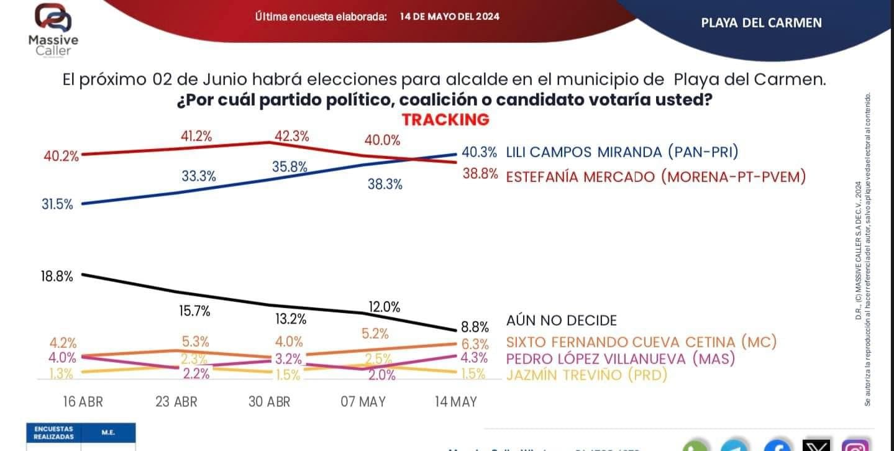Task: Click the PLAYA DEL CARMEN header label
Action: (x=761, y=23)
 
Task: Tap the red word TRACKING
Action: (x=445, y=119)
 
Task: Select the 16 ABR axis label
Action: (x=83, y=401)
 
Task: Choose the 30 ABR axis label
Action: (x=269, y=401)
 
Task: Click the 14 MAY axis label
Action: (x=455, y=401)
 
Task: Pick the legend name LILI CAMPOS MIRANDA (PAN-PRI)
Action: (x=622, y=152)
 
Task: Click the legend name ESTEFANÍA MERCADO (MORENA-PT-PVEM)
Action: (x=655, y=177)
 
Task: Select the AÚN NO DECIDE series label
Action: (x=562, y=321)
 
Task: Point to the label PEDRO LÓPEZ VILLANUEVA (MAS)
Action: (x=621, y=358)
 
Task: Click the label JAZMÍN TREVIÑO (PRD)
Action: (x=586, y=375)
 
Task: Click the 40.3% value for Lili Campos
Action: (x=479, y=152)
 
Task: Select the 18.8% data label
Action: (x=57, y=276)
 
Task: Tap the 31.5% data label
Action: (x=57, y=204)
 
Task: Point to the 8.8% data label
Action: (x=475, y=327)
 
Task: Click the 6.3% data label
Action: (x=475, y=344)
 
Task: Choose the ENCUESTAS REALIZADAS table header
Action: (x=53, y=432)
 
